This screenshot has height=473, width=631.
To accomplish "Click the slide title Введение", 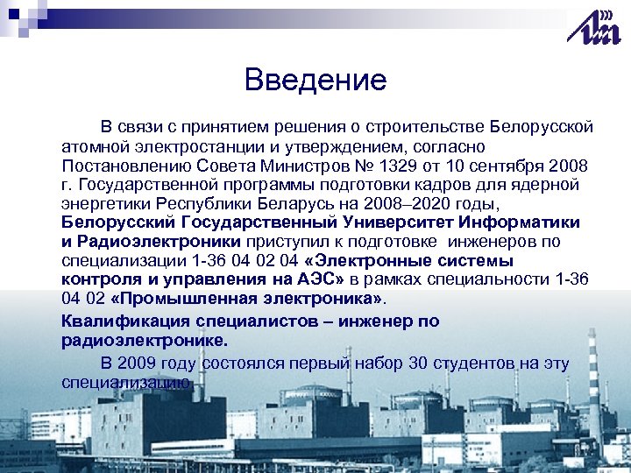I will (x=315, y=81).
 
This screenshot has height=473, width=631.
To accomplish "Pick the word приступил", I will (x=287, y=242).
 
